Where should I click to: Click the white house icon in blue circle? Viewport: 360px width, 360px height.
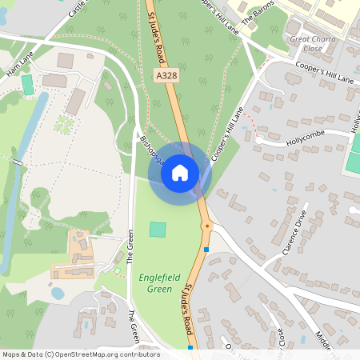(180, 172)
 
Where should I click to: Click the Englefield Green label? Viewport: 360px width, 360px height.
(156, 282)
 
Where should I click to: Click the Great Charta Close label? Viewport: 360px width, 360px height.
(313, 43)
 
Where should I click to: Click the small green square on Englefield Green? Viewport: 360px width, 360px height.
(158, 230)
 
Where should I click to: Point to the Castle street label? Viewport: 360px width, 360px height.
(77, 10)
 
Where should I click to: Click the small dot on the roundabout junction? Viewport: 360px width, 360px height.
(207, 226)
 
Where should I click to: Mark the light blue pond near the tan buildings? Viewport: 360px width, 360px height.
(58, 293)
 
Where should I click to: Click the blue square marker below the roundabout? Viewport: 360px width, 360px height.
(206, 250)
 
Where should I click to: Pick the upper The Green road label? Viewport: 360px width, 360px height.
(130, 247)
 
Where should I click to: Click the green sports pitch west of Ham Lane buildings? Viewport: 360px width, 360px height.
(28, 83)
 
